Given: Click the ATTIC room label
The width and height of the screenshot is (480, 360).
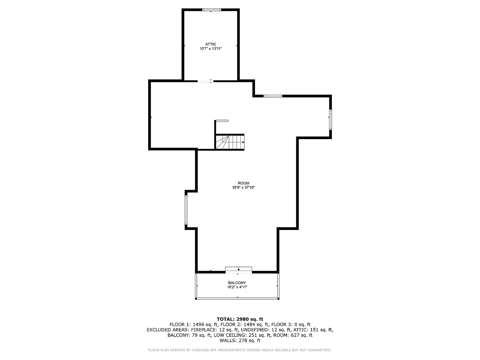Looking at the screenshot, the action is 211,44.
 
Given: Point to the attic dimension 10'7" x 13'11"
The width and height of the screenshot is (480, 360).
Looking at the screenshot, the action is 211,48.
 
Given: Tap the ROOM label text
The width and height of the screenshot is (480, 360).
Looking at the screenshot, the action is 243,183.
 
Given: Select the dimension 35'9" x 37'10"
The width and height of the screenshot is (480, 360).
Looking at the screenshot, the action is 243,187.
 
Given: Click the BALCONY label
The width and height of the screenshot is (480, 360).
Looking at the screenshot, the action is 237,282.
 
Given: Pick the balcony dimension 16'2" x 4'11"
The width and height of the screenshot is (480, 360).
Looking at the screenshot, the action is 237,287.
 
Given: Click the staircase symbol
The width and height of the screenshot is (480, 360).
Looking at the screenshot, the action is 230,142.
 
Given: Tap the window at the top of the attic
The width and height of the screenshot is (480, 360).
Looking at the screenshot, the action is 212,10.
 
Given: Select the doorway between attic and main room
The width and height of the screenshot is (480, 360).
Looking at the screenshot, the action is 205,81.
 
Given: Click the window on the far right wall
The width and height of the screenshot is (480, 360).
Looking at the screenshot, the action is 330,120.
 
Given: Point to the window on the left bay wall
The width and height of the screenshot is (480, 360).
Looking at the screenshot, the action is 186,210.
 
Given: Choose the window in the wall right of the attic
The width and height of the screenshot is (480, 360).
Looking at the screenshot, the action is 273,96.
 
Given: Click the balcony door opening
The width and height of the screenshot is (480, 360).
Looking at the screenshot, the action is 238,270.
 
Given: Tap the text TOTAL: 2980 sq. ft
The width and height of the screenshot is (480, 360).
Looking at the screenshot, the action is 240,319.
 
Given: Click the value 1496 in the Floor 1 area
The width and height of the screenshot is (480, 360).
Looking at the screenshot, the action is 198,325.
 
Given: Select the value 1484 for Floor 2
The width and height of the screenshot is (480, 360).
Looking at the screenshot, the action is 249,325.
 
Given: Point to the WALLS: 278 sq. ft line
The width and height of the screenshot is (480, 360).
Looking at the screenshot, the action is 240,341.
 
